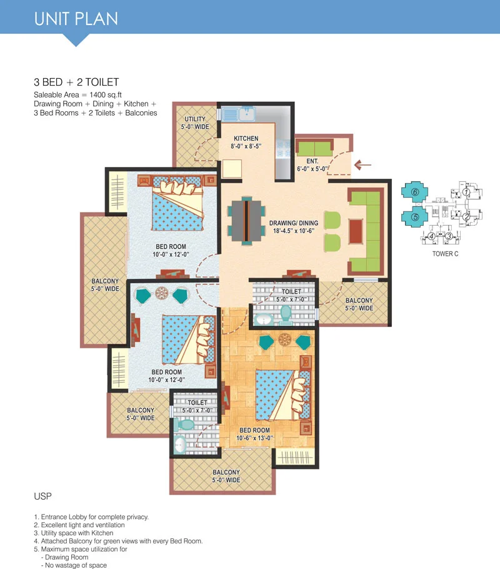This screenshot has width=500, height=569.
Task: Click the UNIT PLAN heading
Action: pos(76,19)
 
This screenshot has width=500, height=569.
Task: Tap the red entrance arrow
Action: pos(362,165)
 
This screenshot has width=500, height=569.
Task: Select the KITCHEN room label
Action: pos(246,138)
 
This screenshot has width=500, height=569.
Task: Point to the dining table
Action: pos(246,221)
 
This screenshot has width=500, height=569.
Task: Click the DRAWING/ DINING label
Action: pos(294,223)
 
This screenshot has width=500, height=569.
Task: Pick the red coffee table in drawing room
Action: pos(356,231)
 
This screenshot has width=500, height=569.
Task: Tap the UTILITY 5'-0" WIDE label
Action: pos(195,123)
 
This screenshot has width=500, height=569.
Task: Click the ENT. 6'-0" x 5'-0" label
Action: pos(312,164)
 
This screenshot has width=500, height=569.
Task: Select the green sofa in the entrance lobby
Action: pos(314,148)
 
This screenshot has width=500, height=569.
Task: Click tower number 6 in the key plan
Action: pos(415,192)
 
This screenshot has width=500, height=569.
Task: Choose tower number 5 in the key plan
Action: pos(415,217)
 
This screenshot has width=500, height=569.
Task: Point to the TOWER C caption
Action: pos(445,254)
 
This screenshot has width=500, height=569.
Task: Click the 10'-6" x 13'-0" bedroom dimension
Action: pos(254,438)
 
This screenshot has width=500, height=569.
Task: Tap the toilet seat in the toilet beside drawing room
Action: pos(286,315)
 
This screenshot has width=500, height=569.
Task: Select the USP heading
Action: pos(43,496)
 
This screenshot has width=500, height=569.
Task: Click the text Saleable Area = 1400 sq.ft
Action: pos(77,94)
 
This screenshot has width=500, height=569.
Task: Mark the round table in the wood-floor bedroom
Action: pos(284,340)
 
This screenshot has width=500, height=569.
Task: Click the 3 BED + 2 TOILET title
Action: pos(76,82)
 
